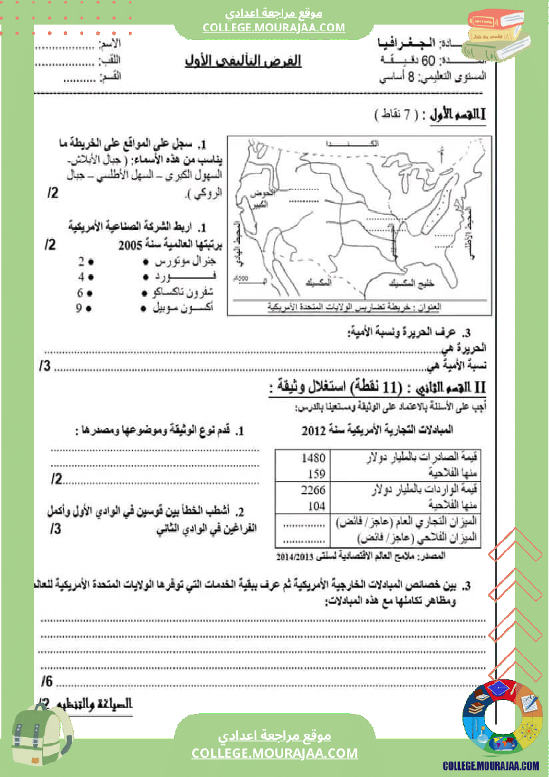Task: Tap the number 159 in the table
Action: coord(317,473)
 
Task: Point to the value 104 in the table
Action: coord(317,504)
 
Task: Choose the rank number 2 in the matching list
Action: coord(80,261)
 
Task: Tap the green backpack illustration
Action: coord(41,734)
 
